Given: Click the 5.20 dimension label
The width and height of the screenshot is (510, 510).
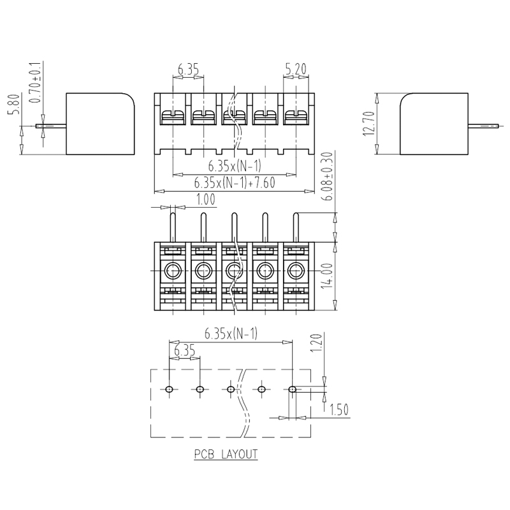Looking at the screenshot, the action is click(296, 69).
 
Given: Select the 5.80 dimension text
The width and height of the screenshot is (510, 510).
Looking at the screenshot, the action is click(14, 104).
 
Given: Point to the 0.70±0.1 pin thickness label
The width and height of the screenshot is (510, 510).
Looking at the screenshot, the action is click(35, 82).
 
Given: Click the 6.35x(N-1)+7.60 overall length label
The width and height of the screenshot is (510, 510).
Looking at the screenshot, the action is click(235, 183).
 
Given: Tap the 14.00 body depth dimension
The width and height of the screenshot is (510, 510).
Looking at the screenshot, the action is click(328, 276).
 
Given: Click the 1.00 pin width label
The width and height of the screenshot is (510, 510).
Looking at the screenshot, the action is click(205, 199).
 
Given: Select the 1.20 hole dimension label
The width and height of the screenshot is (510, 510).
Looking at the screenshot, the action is click(316, 343).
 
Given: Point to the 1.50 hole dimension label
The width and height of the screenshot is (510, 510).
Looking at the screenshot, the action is click(339, 409).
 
